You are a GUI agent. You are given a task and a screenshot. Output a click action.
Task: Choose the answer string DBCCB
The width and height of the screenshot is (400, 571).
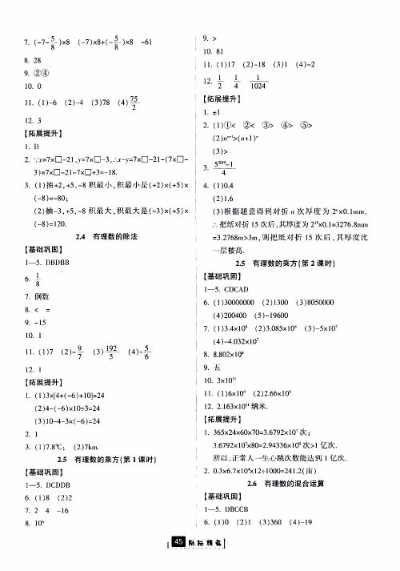pyautogui.click(x=239, y=509)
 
